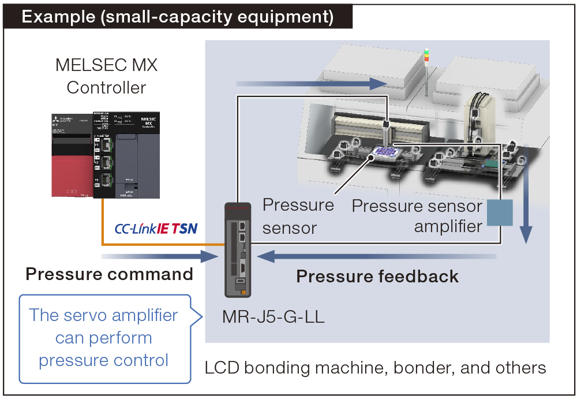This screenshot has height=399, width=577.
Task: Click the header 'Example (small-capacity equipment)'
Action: coord(178,17)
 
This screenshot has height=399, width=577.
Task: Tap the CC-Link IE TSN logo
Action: coord(156,229)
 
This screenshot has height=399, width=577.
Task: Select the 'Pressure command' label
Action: coord(109,274)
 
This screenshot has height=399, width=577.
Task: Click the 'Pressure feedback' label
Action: coord(377,277)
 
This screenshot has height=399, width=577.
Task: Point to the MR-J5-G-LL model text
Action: coord(273,316)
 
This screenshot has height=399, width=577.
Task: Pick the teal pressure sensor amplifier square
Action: coord(500,212)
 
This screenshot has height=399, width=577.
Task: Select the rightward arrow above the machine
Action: coord(312,84)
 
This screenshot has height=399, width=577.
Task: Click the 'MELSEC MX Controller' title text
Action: coord(106,76)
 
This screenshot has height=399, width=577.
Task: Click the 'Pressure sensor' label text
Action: coord(298,216)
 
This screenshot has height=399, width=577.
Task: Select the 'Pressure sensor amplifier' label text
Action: coord(417,215)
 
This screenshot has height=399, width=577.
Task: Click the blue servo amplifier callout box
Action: coord(104,338)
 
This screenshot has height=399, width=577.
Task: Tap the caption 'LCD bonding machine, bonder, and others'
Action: coord(375,367)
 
